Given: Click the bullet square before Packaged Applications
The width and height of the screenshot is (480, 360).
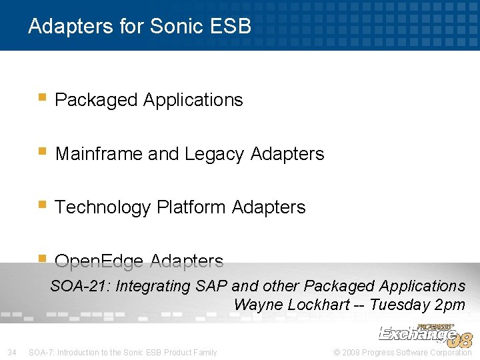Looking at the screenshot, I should [x=42, y=97].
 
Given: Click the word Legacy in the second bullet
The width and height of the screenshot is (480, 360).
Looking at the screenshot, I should [x=215, y=154].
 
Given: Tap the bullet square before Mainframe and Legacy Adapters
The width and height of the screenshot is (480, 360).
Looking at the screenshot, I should [x=42, y=151].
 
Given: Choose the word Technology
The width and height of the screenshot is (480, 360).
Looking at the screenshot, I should [x=103, y=207].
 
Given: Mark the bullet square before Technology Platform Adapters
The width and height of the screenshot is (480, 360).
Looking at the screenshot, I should [x=42, y=205].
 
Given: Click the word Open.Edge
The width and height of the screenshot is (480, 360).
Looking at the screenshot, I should [x=101, y=261].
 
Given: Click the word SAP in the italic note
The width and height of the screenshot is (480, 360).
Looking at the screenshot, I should [x=211, y=286].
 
